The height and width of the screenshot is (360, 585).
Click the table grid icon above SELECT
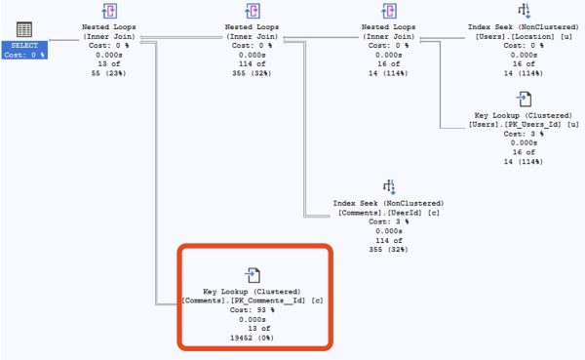click(24, 30)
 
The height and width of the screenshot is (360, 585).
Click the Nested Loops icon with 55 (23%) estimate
click(109, 12)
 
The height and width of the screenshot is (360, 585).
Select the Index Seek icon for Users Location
click(524, 11)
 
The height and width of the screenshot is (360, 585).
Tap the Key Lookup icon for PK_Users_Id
click(524, 99)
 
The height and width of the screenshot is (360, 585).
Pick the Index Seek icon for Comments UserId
click(389, 185)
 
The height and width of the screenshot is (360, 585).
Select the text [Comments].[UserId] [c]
click(389, 212)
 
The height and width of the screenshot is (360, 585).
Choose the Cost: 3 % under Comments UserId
click(389, 221)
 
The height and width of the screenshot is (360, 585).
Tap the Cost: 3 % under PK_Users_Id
click(524, 133)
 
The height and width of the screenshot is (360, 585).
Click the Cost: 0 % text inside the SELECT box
click(24, 55)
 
